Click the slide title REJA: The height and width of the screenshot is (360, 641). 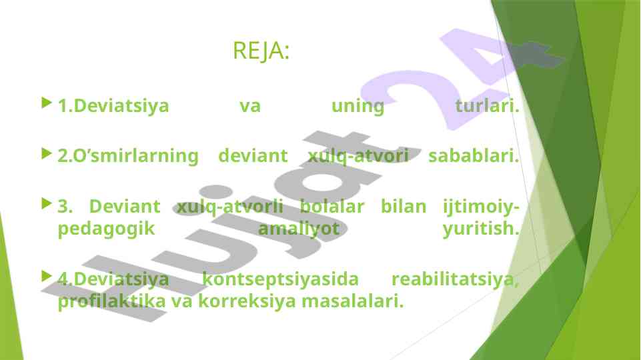261,51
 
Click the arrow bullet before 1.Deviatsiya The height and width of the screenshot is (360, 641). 47,103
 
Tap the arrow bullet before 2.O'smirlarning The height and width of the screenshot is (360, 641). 47,153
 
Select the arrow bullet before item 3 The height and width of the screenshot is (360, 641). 47,203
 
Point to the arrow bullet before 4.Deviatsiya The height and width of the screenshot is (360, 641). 47,276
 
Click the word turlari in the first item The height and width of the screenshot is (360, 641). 487,106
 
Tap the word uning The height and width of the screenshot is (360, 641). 358,107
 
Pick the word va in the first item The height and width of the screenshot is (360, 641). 249,106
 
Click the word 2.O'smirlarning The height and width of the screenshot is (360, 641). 128,156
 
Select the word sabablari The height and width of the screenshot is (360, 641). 474,156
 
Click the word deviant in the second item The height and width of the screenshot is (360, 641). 253,156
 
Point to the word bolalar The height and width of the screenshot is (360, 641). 332,206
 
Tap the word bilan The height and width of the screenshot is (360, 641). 404,206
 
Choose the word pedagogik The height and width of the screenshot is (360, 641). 106,229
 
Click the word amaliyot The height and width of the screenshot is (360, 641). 299,229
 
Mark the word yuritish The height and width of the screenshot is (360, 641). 481,229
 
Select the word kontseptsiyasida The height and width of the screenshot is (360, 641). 280,279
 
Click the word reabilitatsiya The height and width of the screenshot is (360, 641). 455,279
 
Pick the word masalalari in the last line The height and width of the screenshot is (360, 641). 352,301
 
